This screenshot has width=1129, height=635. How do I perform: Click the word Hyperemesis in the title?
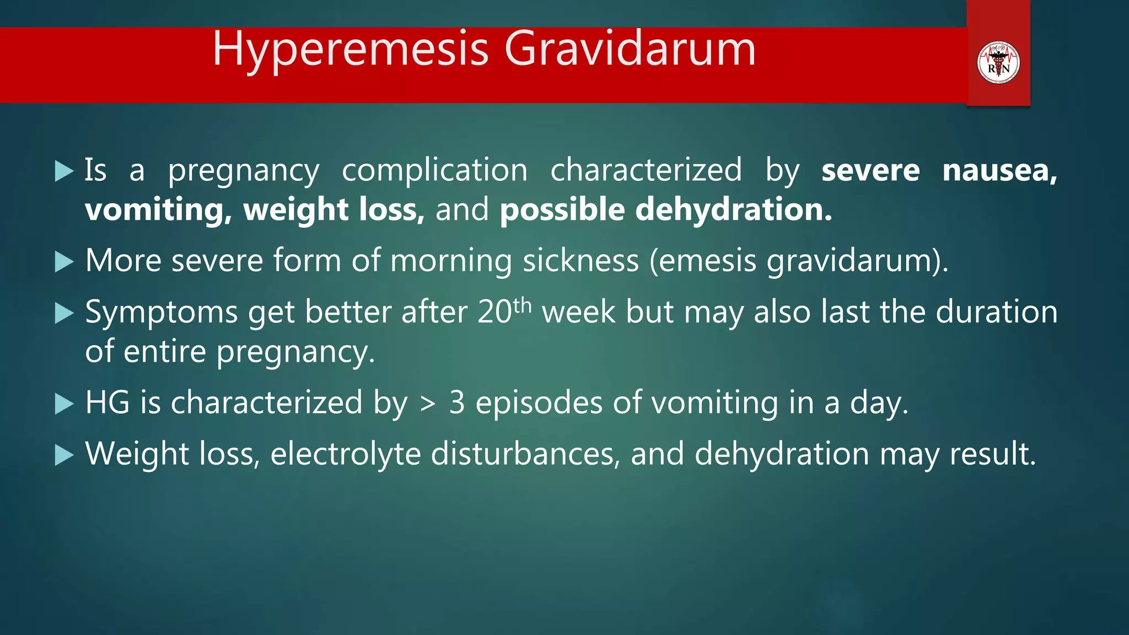[x=351, y=50]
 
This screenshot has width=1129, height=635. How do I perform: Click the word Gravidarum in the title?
[x=630, y=50]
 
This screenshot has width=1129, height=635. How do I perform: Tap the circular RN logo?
[x=998, y=62]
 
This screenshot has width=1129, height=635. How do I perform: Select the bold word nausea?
[x=999, y=170]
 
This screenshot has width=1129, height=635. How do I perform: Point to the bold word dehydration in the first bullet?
[x=733, y=210]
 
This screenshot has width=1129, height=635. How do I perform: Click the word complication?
[x=434, y=170]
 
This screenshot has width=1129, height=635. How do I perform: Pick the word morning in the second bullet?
[x=451, y=261]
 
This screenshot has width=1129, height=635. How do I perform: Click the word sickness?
[x=580, y=261]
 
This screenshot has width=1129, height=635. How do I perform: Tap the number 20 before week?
[x=494, y=313]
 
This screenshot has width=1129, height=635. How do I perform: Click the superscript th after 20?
[x=523, y=305]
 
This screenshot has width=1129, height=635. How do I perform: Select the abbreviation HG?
[x=107, y=402]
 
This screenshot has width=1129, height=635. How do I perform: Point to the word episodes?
[x=539, y=402]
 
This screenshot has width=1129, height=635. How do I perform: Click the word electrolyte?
[x=345, y=454]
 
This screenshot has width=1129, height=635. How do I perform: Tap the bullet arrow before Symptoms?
[x=64, y=314]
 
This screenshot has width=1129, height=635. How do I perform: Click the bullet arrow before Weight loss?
[x=64, y=455]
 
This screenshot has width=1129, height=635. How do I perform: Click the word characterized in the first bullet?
[x=646, y=170]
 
